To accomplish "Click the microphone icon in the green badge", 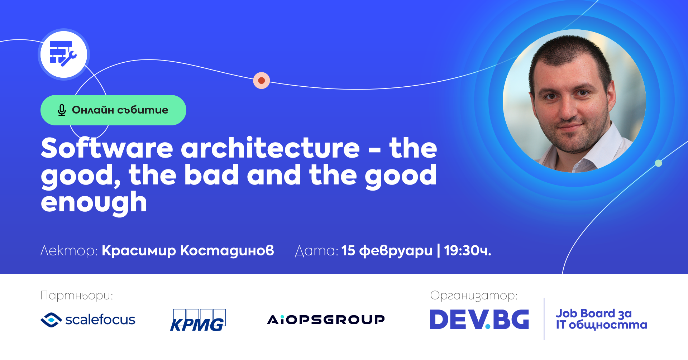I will point(62,110).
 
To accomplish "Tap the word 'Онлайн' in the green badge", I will point(93,110).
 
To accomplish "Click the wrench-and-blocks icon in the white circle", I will point(63,54).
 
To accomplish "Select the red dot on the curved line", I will point(262,80).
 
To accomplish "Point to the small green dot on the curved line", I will point(658,163).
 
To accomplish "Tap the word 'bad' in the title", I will point(211,175).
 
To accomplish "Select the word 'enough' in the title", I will point(94,203).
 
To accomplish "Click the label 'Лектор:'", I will point(69,251).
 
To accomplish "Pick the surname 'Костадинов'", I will point(227,251).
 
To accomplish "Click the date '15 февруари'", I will point(387,251).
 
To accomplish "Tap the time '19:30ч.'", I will point(468,251).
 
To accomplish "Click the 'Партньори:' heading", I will point(77,296).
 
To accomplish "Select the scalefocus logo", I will point(88,320).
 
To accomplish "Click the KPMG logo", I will point(198,320).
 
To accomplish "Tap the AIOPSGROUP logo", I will point(326,320).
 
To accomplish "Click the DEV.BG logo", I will point(479,320).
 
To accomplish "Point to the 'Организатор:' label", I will point(474,296).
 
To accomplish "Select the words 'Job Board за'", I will point(593,313).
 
